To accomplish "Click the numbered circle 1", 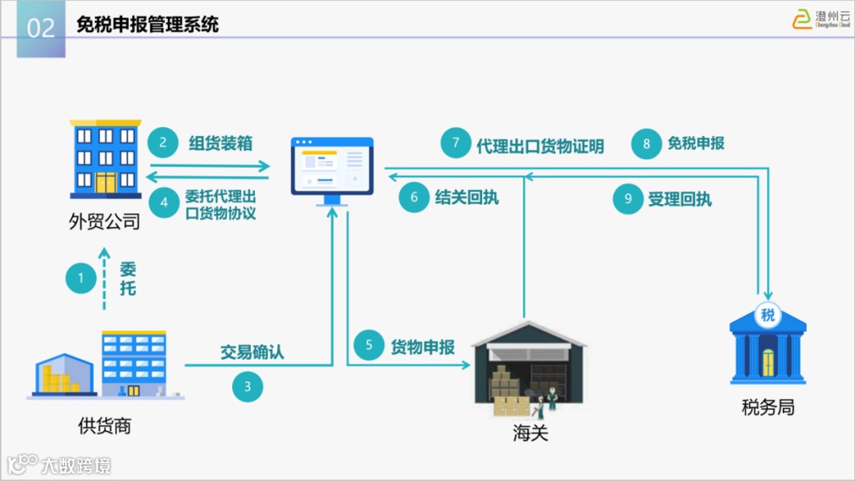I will click(x=81, y=278).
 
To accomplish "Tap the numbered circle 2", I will click(x=163, y=142).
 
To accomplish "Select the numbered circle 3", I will click(x=247, y=387).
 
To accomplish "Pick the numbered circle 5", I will click(x=369, y=346).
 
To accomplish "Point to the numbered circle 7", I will click(x=455, y=143).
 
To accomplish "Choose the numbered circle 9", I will click(x=629, y=199).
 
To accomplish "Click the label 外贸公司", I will click(x=104, y=221).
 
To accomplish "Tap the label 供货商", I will click(x=104, y=426).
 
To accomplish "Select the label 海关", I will click(x=530, y=433).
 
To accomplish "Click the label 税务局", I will click(x=768, y=407).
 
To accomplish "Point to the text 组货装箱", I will click(x=221, y=142).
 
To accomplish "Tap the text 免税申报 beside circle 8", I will click(x=696, y=143).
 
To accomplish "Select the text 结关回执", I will click(x=467, y=197).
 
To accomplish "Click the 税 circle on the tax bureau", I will click(x=767, y=315).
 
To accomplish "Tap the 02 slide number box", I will click(x=41, y=28).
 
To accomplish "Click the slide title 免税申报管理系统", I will click(x=147, y=25).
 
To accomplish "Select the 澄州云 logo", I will click(x=821, y=19).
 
